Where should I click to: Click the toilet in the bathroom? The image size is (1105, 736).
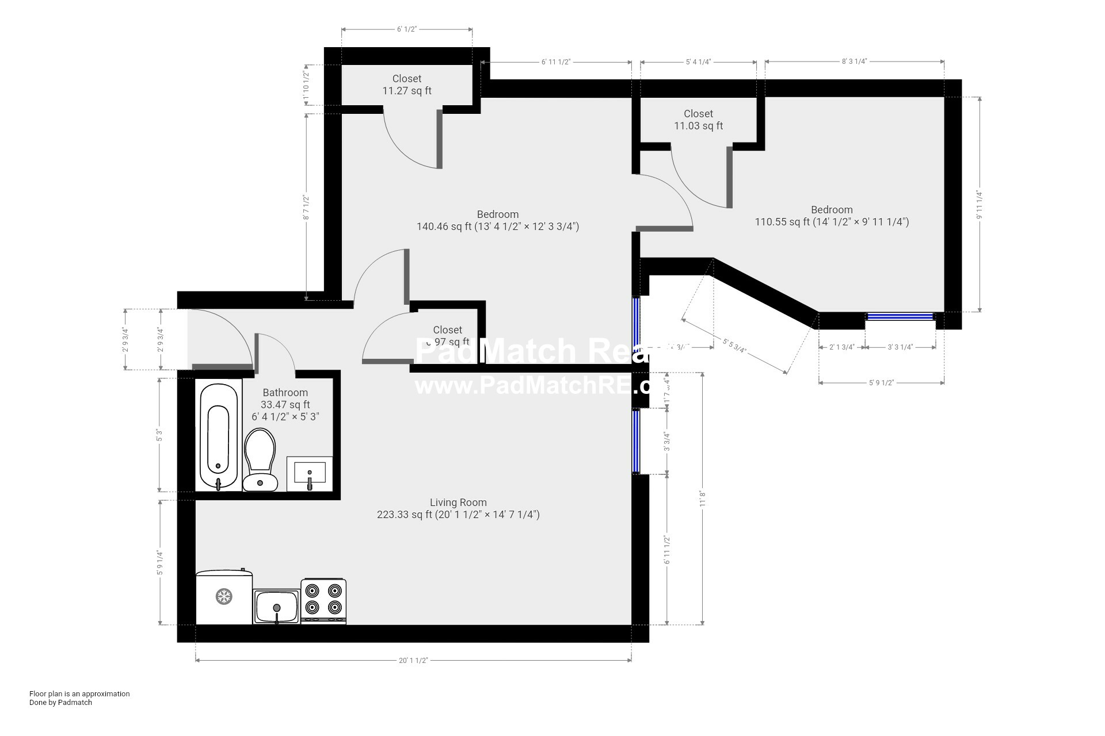(x=260, y=460)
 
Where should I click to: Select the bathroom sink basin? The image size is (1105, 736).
(x=310, y=474)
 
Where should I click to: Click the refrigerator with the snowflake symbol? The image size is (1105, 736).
(x=224, y=597)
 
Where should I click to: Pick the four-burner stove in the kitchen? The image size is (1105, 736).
(x=323, y=600)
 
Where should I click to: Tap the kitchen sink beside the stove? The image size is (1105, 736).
(x=276, y=605)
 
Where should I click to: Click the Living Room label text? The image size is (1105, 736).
(x=458, y=503)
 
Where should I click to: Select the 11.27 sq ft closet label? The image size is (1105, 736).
(x=406, y=85)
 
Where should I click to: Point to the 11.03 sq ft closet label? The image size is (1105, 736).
(x=698, y=120)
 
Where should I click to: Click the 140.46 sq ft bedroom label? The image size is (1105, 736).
(x=497, y=221)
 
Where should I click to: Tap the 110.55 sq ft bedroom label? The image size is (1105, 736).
(x=832, y=216)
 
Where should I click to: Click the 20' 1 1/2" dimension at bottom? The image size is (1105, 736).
(x=413, y=660)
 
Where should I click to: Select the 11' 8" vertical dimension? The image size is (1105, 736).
(x=702, y=498)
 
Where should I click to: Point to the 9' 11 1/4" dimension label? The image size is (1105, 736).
(x=979, y=205)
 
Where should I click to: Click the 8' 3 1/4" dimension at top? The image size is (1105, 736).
(x=854, y=62)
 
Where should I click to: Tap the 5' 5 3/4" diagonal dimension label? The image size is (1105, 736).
(x=734, y=346)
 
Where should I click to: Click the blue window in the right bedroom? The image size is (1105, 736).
(x=900, y=316)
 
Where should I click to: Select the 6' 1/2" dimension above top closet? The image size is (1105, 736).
(x=406, y=29)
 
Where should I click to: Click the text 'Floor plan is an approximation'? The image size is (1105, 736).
(x=79, y=693)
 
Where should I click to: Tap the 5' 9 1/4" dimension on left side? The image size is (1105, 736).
(x=160, y=563)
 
